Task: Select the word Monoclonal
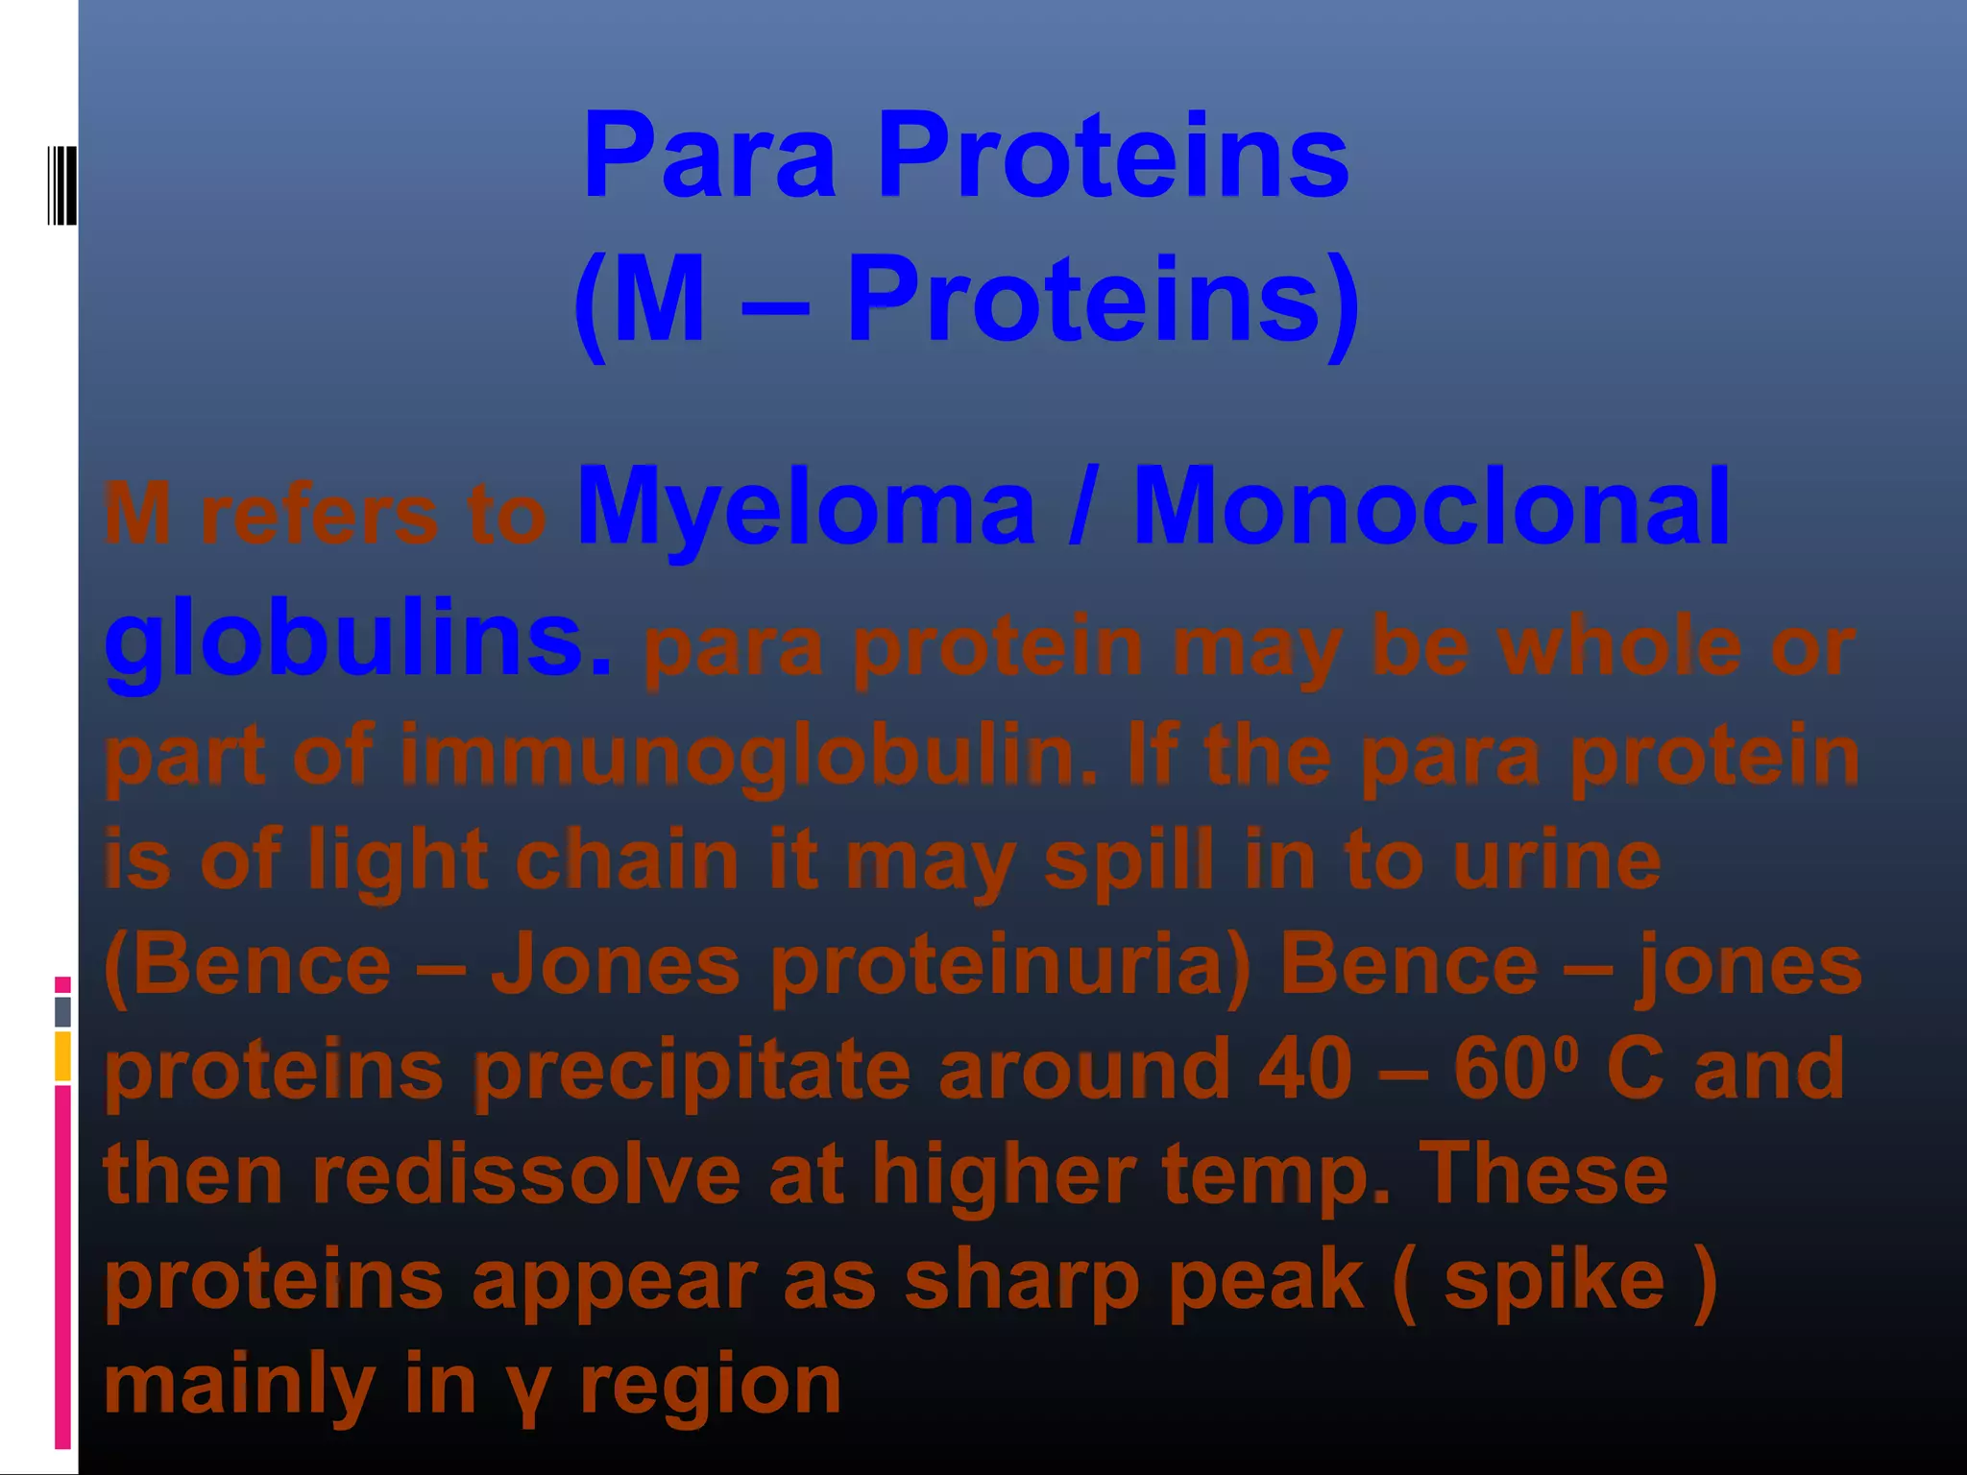click(x=1431, y=507)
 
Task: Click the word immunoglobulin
click(x=747, y=756)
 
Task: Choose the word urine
click(x=1556, y=860)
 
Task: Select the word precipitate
click(x=692, y=1071)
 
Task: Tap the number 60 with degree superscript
click(x=1514, y=1067)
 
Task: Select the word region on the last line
click(x=711, y=1388)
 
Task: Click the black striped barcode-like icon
click(x=62, y=185)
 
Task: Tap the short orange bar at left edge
click(x=62, y=1055)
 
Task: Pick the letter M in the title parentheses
click(x=659, y=300)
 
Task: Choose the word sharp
click(x=1022, y=1282)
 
